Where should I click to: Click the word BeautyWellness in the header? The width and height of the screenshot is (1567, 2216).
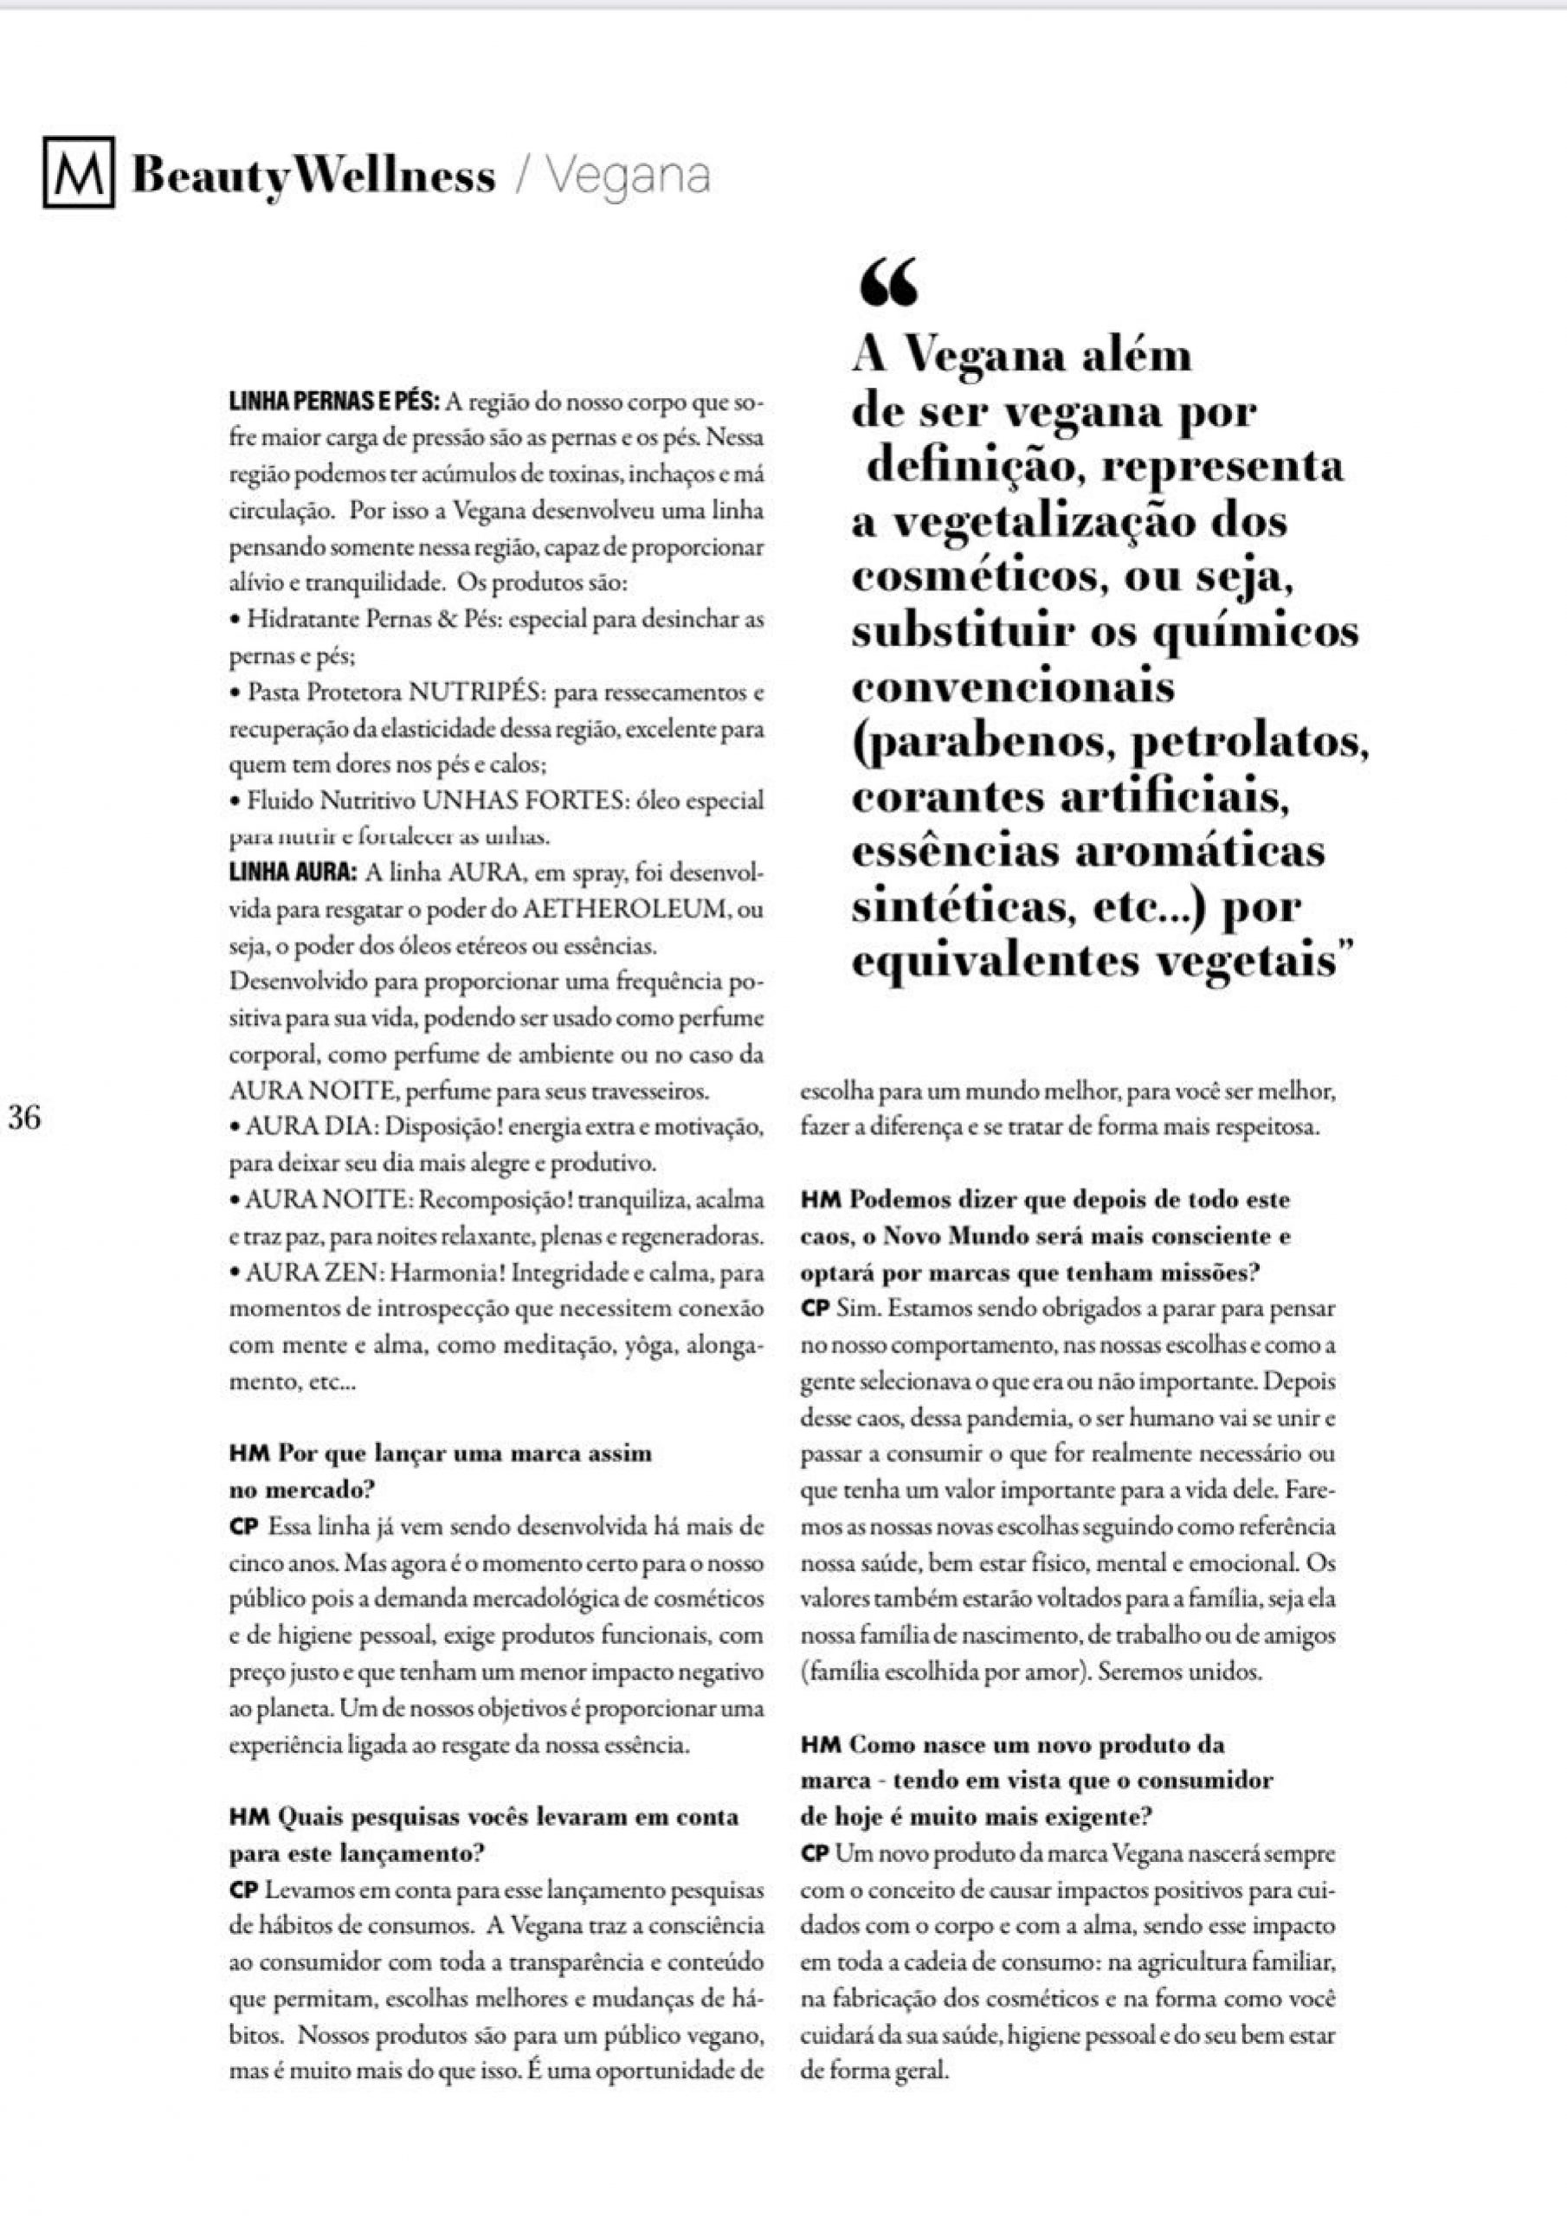(x=313, y=176)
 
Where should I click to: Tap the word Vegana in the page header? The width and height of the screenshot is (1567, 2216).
(x=629, y=176)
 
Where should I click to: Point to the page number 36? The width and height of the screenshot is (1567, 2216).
(x=23, y=1118)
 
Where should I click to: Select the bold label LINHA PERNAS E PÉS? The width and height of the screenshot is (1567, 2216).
(x=334, y=401)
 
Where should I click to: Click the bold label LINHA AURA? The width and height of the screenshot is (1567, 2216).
(x=293, y=873)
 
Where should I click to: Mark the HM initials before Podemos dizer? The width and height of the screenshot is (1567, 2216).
(x=821, y=1201)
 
